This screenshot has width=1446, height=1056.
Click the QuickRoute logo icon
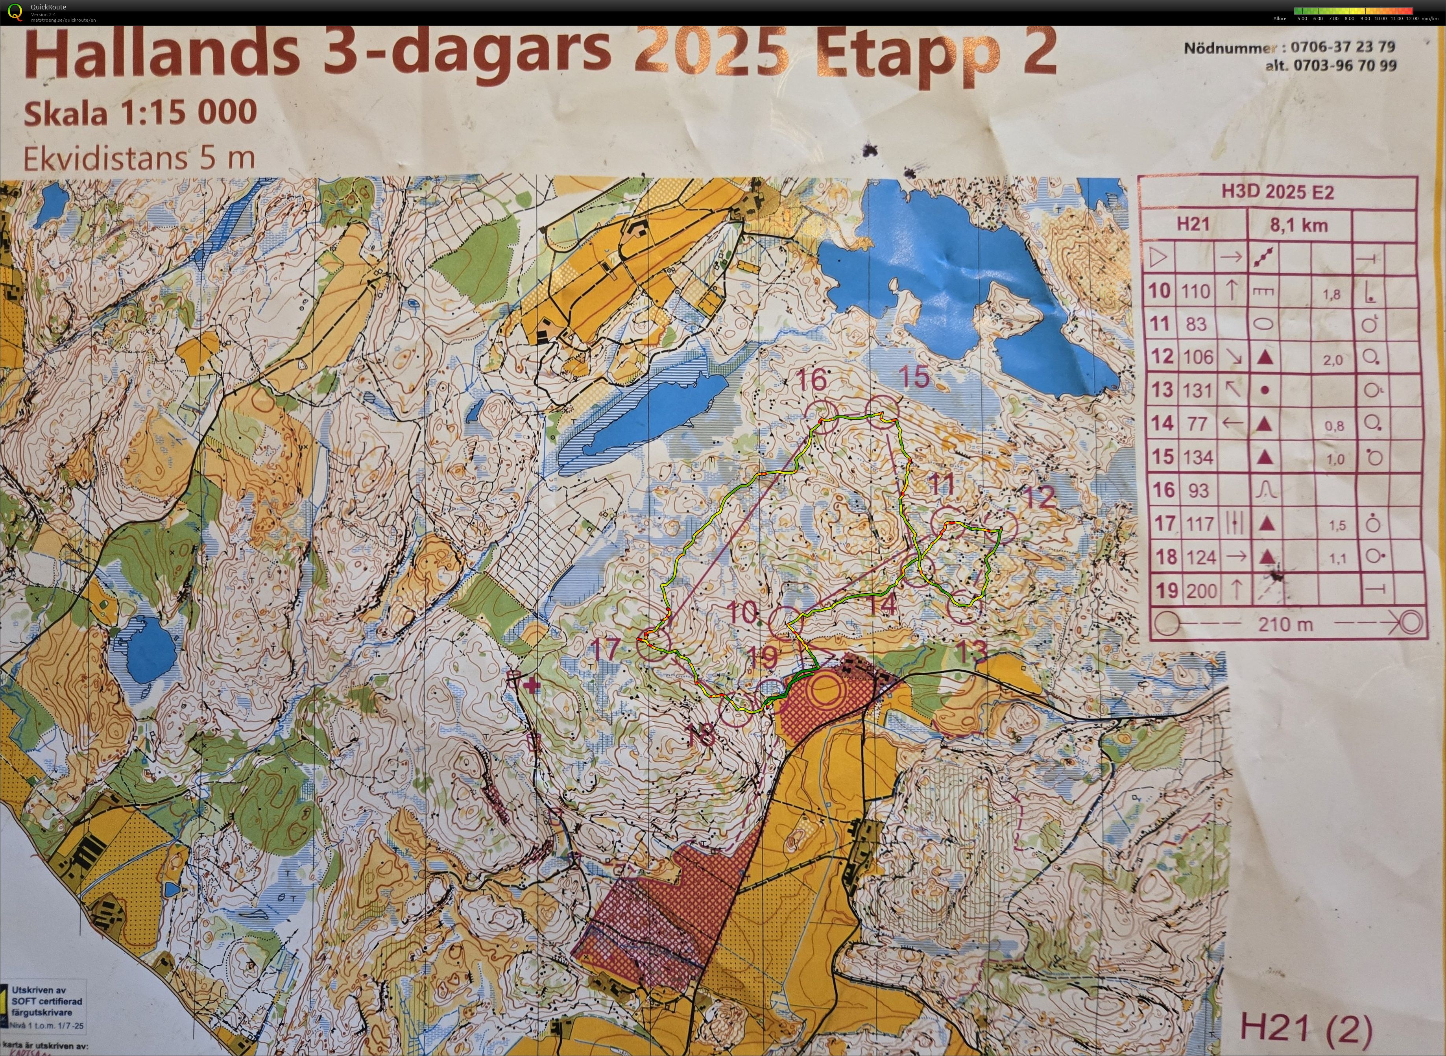click(x=15, y=11)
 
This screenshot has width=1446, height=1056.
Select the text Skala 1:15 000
click(x=140, y=113)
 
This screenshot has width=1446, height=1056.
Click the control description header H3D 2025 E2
click(x=1277, y=192)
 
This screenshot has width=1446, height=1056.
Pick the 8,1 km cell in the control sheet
click(x=1299, y=225)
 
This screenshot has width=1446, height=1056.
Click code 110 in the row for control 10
click(x=1195, y=292)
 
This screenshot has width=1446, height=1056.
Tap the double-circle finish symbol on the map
click(x=825, y=691)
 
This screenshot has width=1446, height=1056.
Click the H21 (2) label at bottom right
click(x=1306, y=1028)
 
